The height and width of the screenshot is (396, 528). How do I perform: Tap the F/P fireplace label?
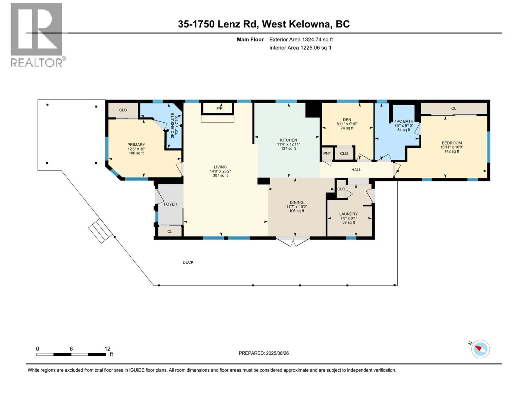(x=219, y=109)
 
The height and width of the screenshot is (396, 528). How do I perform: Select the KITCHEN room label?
(x=288, y=140)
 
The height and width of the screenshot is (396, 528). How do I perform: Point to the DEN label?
(x=347, y=120)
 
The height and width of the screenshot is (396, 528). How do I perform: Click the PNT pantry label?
(x=327, y=154)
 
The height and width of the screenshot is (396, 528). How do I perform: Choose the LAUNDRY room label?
(x=348, y=214)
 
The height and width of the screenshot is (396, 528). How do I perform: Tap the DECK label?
(x=188, y=262)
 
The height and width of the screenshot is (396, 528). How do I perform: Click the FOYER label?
(x=170, y=204)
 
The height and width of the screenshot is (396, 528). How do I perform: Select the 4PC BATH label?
(x=404, y=121)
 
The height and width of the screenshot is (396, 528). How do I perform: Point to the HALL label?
(x=356, y=170)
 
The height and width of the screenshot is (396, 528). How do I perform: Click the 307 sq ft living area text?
(x=220, y=176)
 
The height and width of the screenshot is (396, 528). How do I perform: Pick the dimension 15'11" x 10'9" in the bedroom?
(x=452, y=147)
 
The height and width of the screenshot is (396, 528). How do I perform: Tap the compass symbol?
(x=480, y=349)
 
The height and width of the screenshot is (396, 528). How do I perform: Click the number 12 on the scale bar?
(x=107, y=348)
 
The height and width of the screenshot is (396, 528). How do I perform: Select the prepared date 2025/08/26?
(x=277, y=353)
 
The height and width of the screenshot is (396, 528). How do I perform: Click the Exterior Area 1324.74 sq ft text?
(x=301, y=39)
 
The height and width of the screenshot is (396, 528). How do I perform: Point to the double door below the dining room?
(x=293, y=242)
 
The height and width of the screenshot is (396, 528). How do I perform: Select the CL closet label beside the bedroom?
(x=454, y=109)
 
